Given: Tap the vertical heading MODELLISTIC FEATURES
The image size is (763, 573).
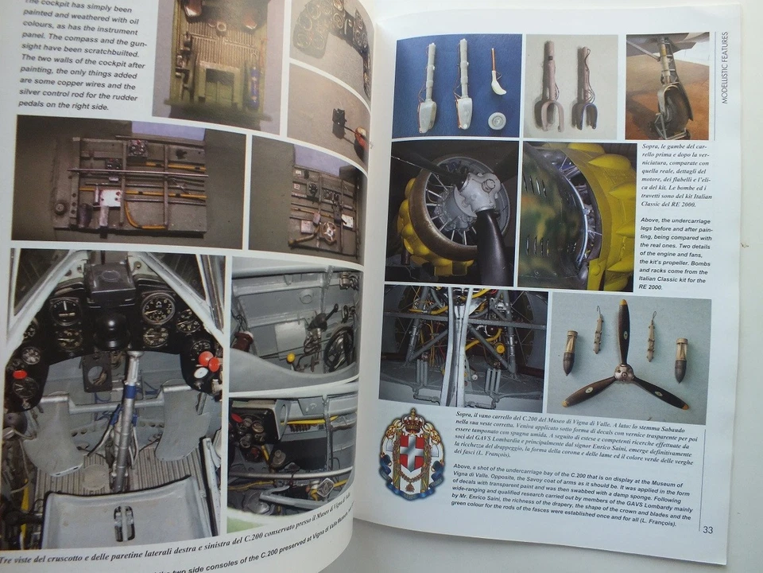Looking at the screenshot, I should pos(722,79).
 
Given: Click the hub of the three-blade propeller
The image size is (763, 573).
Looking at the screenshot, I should pos(624,370).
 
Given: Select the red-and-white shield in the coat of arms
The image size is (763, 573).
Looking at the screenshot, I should pos(411,454).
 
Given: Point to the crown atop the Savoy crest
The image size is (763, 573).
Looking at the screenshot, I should pos(411,419).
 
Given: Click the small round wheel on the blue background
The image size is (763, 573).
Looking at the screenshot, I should pos(497,119).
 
